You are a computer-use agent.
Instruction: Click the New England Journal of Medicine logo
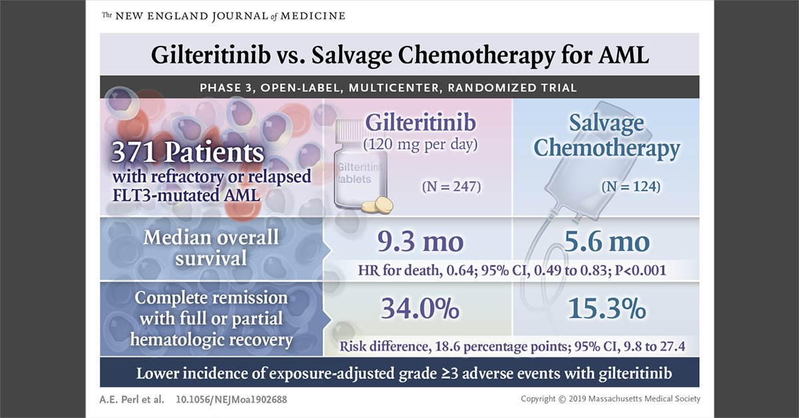pyautogui.click(x=224, y=15)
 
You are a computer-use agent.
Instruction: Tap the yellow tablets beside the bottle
pyautogui.click(x=382, y=205)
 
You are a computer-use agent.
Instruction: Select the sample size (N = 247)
pyautogui.click(x=451, y=188)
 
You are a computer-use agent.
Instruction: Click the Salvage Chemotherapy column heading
pyautogui.click(x=606, y=135)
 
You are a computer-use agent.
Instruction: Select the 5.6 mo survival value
pyautogui.click(x=607, y=241)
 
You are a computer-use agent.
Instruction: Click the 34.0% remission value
pyautogui.click(x=419, y=309)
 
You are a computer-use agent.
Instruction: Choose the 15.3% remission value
pyautogui.click(x=607, y=309)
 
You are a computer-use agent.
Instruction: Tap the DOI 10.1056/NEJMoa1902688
pyautogui.click(x=221, y=399)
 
